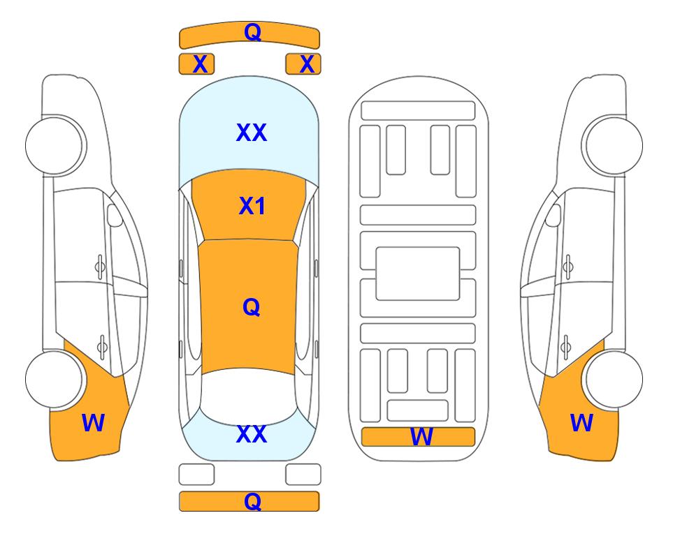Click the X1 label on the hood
252,206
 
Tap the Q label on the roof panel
252,307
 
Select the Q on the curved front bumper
252,31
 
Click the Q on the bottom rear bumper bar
252,501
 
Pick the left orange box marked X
196,64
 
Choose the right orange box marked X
303,64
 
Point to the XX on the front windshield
252,133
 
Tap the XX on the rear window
252,434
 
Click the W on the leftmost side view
93,423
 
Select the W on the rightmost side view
581,423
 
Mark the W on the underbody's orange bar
421,437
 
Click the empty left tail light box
196,475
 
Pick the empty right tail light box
303,475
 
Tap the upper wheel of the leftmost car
56,145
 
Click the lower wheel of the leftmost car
55,380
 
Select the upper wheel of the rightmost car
612,145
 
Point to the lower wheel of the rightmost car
614,380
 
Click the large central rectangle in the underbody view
418,274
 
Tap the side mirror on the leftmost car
115,215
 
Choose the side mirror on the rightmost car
553,215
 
